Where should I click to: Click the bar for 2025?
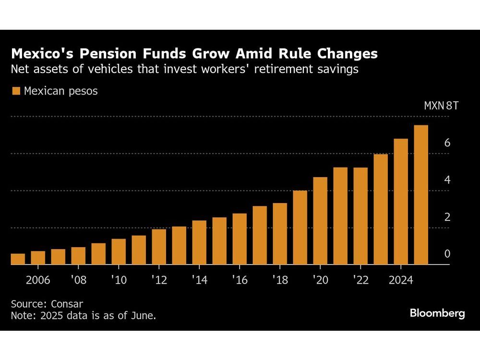coord(421,195)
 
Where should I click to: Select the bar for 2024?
coord(401,202)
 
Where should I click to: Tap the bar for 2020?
coord(320,221)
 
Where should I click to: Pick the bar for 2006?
coord(38,258)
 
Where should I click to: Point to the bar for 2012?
coord(159,247)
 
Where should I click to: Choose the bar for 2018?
coord(280,234)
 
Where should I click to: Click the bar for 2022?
coord(360,216)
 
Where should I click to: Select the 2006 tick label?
coord(38,280)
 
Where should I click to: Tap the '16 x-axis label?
coord(240,280)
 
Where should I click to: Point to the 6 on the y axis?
coord(447,143)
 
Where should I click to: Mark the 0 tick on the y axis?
coord(447,254)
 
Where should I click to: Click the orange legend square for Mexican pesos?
coord(16,91)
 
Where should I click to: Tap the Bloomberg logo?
coord(437,313)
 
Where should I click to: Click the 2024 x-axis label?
coord(401,280)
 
